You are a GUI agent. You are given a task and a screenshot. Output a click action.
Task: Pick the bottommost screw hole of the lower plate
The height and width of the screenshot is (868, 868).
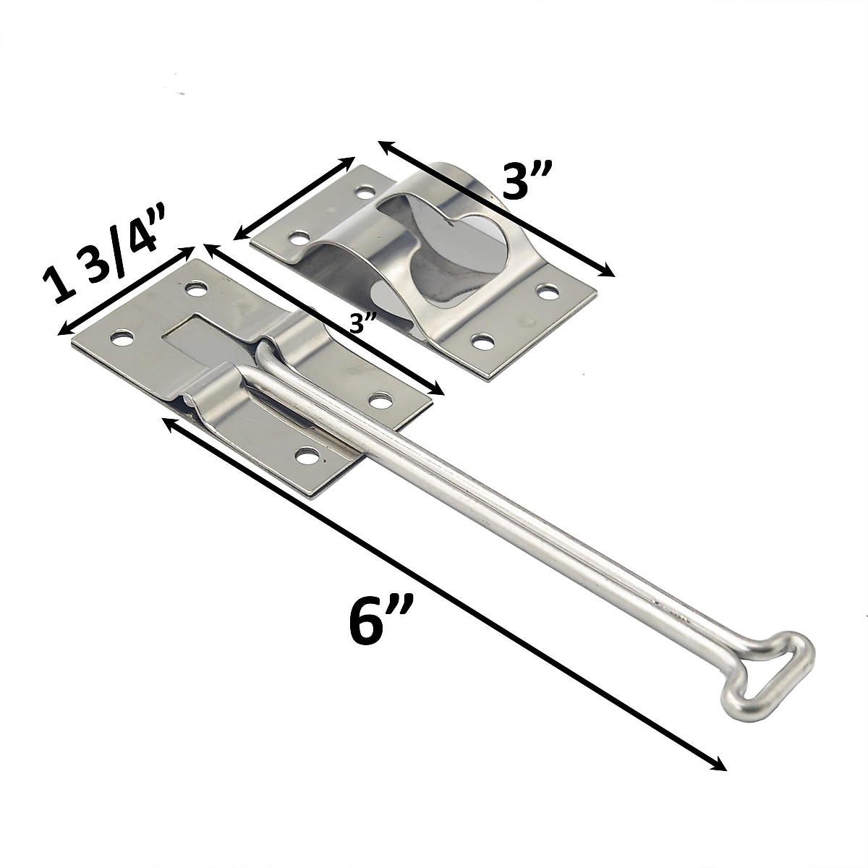[307, 456]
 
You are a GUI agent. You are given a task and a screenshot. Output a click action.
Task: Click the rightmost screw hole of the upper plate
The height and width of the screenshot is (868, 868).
[548, 292]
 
